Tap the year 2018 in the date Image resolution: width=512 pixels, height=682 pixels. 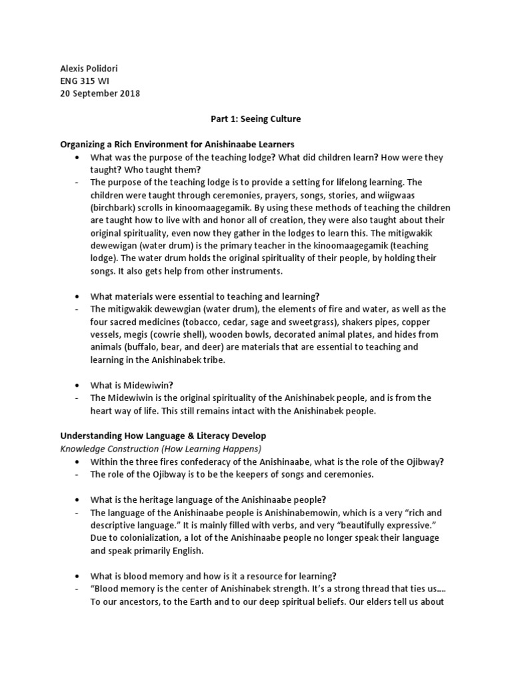128,94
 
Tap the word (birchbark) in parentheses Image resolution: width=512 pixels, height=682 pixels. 114,207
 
